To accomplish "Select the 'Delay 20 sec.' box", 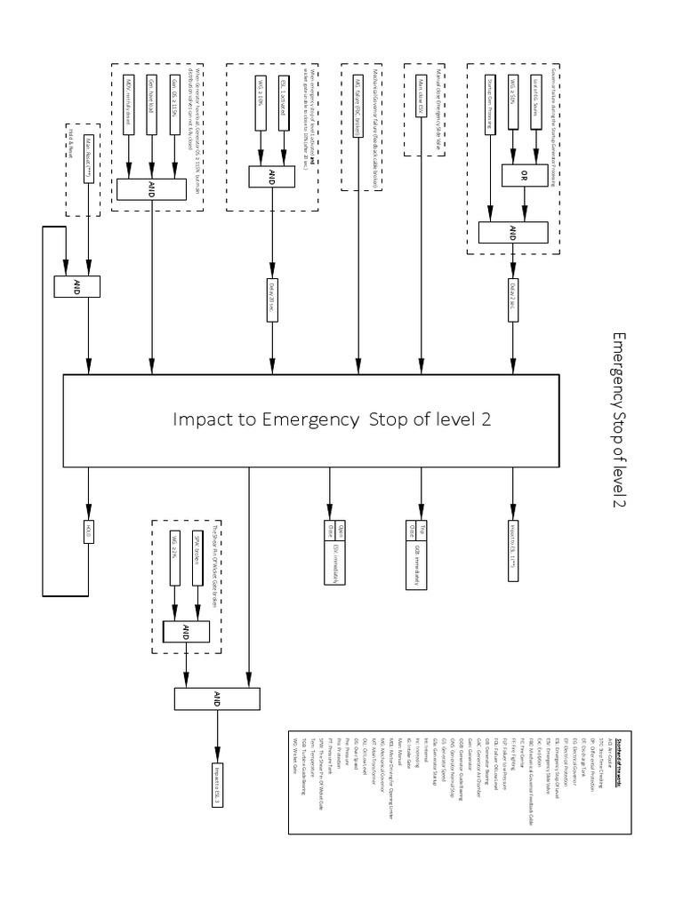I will [271, 296].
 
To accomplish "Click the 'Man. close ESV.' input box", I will [421, 108].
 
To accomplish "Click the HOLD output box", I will [88, 531].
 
